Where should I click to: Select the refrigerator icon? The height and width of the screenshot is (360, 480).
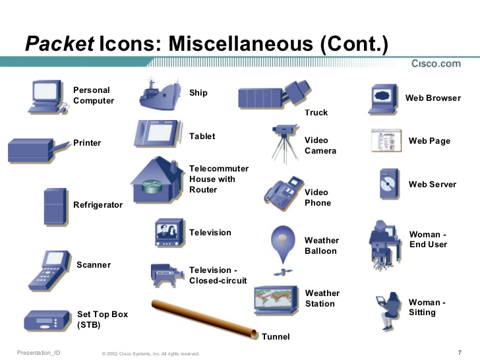[x=55, y=206]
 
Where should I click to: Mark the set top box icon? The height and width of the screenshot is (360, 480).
[x=46, y=321]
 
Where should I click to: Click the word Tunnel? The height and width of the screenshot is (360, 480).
[x=276, y=337]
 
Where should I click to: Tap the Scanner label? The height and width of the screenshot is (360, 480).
[x=94, y=265]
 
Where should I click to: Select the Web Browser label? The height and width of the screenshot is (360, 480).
[x=433, y=98]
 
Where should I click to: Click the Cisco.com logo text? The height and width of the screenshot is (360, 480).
[x=435, y=63]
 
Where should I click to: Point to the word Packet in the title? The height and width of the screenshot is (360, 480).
[x=60, y=44]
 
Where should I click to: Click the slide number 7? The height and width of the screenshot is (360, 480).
[x=459, y=351]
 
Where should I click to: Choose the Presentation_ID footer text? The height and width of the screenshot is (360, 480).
[x=38, y=353]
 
